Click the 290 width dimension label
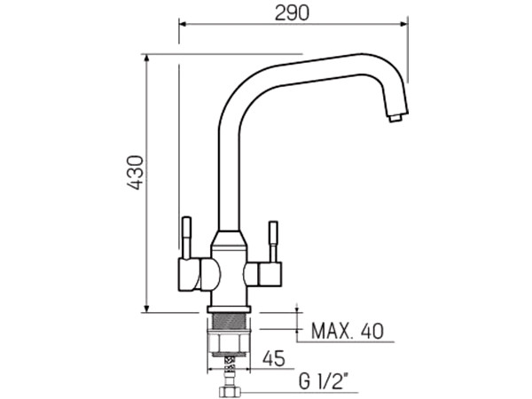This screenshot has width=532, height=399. click(x=292, y=13)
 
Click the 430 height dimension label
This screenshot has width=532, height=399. click(x=135, y=172)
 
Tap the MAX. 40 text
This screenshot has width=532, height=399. click(x=348, y=331)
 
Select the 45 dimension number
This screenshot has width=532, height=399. click(x=274, y=358)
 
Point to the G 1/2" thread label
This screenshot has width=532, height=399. click(x=324, y=381)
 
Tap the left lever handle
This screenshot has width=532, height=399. click(x=186, y=238)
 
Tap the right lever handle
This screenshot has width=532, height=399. click(x=273, y=241)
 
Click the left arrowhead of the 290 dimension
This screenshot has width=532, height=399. click(x=183, y=24)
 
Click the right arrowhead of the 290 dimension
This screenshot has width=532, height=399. click(x=403, y=24)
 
